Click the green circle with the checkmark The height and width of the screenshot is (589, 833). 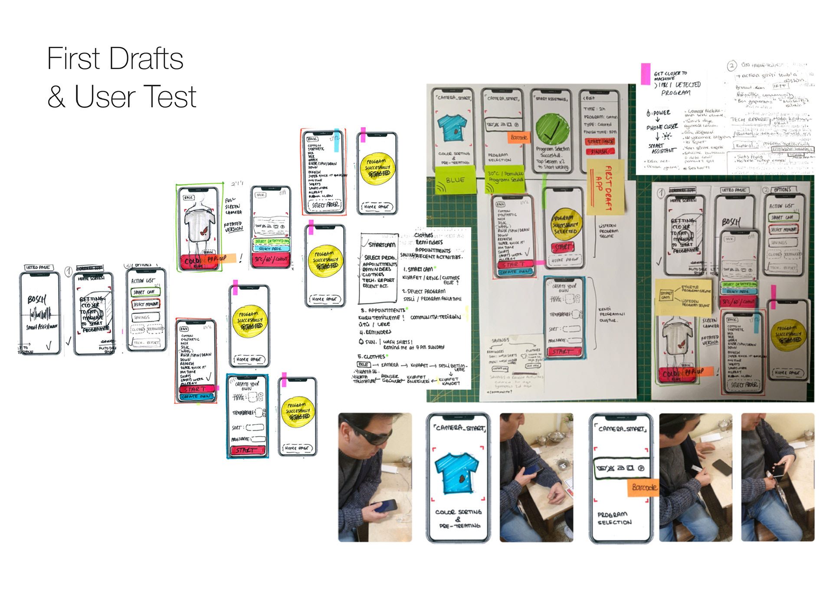point(552,128)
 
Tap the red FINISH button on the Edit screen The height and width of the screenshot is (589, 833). point(600,151)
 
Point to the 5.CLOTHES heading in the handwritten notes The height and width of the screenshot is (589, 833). point(371,356)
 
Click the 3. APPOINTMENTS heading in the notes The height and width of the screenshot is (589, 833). point(383,310)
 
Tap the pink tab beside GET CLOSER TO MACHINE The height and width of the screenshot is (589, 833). point(646,74)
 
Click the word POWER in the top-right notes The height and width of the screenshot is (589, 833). point(661,113)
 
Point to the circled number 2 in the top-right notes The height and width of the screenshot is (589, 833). point(731,66)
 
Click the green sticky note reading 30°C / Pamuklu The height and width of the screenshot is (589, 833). point(505,179)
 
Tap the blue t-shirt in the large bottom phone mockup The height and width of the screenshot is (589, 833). point(457,473)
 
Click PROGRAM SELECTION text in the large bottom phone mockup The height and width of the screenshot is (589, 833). point(613,518)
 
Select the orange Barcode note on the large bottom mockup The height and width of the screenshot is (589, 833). point(642,487)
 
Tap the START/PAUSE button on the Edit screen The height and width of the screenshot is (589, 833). point(600,142)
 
